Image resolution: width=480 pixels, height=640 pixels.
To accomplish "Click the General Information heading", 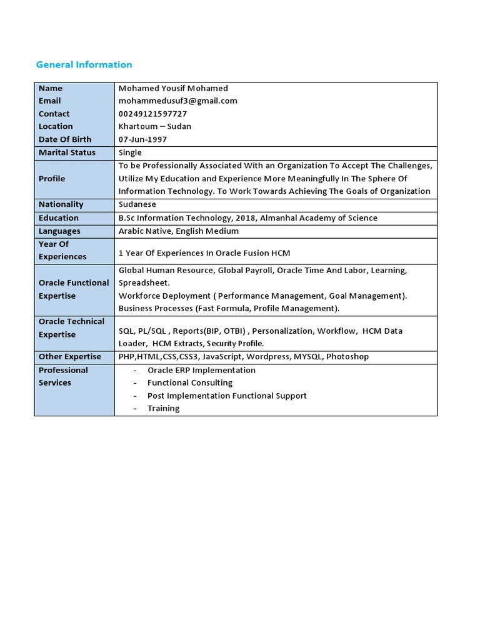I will [x=84, y=64].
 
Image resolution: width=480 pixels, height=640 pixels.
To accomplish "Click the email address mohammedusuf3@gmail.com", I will [x=177, y=101].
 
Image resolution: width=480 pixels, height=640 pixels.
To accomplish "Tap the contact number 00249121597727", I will [x=152, y=114].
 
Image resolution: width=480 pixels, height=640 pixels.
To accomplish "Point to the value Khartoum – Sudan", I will [x=155, y=126].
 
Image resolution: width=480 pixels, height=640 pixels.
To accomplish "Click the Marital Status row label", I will [x=67, y=152].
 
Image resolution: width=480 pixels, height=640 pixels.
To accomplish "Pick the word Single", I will [x=130, y=152].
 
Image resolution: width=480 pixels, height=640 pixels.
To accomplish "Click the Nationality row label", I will [x=61, y=204].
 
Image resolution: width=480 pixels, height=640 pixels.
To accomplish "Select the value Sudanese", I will [x=137, y=204].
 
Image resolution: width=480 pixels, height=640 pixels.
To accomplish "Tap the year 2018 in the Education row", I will [x=242, y=218].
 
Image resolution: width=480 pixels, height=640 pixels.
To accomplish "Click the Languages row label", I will [x=59, y=231].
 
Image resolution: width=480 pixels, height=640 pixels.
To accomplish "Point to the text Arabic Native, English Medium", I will [x=178, y=231].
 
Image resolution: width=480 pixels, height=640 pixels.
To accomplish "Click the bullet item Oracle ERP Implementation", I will [x=201, y=370].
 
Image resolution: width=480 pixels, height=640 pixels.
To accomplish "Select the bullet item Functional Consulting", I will [x=189, y=382].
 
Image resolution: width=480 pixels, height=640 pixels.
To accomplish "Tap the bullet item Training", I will [x=163, y=408].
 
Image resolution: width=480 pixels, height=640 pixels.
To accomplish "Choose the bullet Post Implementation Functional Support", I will [x=227, y=396].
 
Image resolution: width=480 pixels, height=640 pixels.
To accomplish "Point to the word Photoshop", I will [x=347, y=356].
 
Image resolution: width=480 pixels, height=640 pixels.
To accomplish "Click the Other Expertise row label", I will [x=69, y=356].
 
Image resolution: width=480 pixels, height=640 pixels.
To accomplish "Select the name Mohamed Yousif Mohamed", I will [x=173, y=88].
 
